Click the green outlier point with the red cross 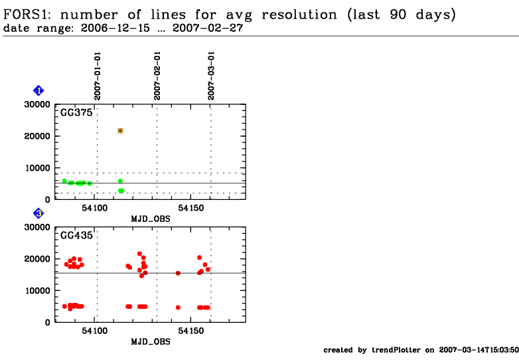pos(120,130)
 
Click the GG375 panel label pos(77,113)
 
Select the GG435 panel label pos(77,235)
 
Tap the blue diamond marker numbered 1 pos(38,90)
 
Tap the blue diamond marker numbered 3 pos(38,213)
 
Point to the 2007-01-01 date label pos(98,76)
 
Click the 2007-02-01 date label pos(157,76)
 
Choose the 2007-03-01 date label pos(211,76)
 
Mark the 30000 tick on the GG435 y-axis pos(37,227)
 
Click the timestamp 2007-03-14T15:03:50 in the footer pos(479,350)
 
